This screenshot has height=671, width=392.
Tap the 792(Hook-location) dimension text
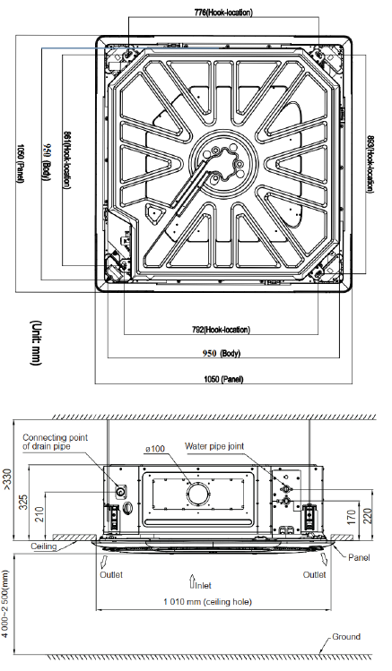click(221, 330)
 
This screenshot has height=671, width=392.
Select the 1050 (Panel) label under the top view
click(223, 379)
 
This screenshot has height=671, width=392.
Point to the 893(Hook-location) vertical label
click(370, 164)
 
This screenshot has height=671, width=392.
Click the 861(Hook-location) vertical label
click(67, 159)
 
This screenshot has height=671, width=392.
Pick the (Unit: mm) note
click(36, 343)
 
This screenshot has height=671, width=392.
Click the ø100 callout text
click(154, 449)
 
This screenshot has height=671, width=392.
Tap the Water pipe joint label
click(214, 446)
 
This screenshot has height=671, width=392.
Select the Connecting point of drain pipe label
click(55, 442)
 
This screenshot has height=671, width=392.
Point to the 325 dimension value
click(23, 502)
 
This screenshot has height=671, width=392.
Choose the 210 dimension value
click(39, 513)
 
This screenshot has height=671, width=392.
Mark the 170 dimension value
click(351, 518)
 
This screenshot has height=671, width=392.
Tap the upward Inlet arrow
click(192, 581)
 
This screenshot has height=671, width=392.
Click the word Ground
click(346, 636)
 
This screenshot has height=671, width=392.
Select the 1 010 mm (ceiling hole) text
click(208, 602)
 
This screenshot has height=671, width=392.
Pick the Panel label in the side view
click(359, 557)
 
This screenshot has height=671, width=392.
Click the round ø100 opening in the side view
click(198, 495)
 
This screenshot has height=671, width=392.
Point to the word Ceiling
click(44, 546)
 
